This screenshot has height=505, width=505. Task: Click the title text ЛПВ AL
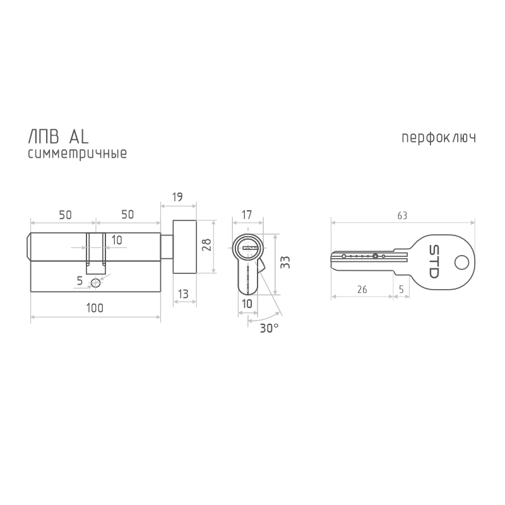point(58,137)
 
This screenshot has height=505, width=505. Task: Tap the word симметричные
point(77,153)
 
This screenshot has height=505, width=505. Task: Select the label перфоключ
point(439,138)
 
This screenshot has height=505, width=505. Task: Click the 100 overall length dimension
point(95,308)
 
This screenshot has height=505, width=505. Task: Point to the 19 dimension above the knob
point(177,197)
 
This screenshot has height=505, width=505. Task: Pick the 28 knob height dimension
point(206,245)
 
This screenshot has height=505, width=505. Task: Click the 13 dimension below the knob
point(183,294)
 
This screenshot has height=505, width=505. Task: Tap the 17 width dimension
point(247,215)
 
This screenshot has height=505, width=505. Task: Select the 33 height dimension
point(285,262)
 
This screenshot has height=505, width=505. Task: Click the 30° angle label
point(270,328)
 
